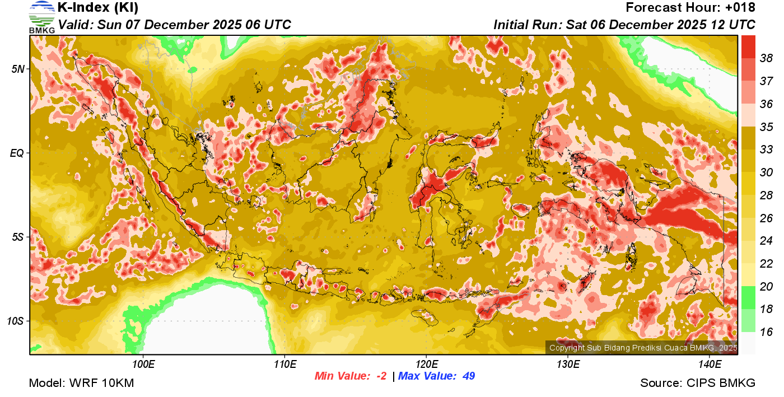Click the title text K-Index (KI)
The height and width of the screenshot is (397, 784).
coord(98,8)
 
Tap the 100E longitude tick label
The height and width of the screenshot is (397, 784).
coord(143,365)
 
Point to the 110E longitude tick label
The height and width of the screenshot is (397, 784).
coord(284,365)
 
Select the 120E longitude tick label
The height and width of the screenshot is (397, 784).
coord(426,365)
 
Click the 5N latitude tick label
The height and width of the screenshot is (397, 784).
coord(18,69)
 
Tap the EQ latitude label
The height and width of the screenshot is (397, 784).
coord(17,153)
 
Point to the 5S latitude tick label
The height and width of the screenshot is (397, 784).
coord(18,237)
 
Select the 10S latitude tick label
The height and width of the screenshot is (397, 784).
coord(15,321)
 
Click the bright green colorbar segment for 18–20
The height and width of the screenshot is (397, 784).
coord(748,297)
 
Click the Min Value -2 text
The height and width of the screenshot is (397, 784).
coord(351,376)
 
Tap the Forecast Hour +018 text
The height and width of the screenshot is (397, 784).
coord(690,8)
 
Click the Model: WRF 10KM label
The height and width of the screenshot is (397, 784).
coord(81,383)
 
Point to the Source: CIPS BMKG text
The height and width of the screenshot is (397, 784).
coord(698,383)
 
